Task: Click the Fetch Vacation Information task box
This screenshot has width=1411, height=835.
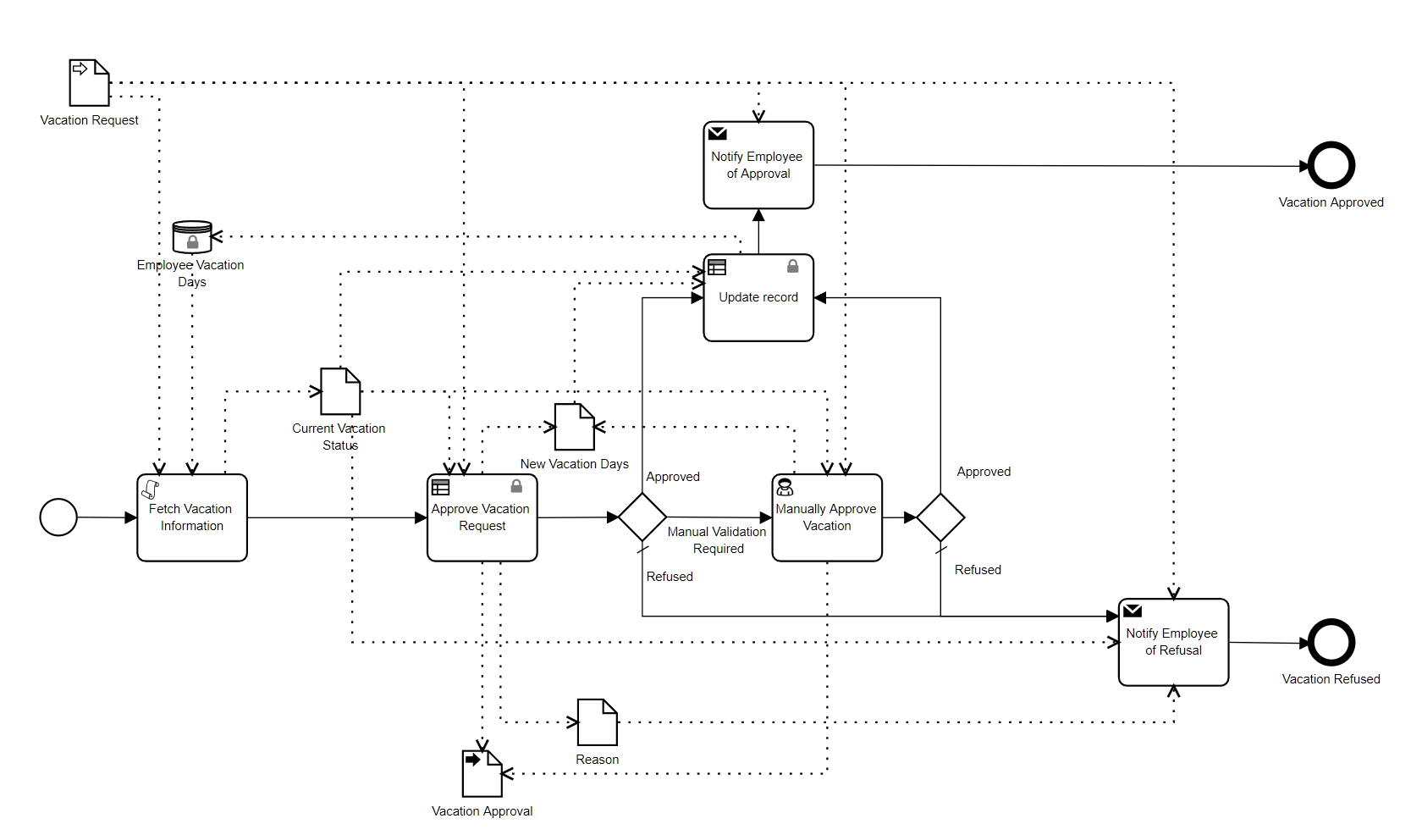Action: click(192, 517)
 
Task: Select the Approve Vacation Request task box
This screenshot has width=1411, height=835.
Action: click(482, 517)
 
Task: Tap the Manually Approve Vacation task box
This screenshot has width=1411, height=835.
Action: click(827, 517)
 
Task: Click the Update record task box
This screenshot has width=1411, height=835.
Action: click(758, 298)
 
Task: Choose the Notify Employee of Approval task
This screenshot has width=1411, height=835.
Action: click(758, 165)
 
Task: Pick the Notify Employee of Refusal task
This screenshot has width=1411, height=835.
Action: click(1173, 642)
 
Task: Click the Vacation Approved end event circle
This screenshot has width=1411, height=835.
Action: click(1331, 165)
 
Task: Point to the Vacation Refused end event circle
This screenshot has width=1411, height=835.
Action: click(1331, 643)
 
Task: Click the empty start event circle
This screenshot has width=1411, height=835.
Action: click(58, 517)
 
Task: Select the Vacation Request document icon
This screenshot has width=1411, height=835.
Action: click(89, 82)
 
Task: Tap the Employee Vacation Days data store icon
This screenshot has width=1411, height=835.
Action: click(192, 237)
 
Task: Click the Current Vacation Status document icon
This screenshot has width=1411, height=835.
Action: click(340, 391)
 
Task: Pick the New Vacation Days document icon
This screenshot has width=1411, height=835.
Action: click(575, 427)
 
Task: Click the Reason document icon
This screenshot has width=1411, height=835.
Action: click(598, 722)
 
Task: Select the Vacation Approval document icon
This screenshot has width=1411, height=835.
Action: click(482, 773)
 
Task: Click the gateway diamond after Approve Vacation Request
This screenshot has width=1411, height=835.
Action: click(642, 517)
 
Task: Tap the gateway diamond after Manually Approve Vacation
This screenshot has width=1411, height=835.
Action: click(940, 517)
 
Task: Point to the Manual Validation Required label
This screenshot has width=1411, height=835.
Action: click(717, 540)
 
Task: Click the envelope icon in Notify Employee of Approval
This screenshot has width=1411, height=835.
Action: click(718, 133)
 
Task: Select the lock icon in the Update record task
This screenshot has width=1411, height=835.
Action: click(793, 266)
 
